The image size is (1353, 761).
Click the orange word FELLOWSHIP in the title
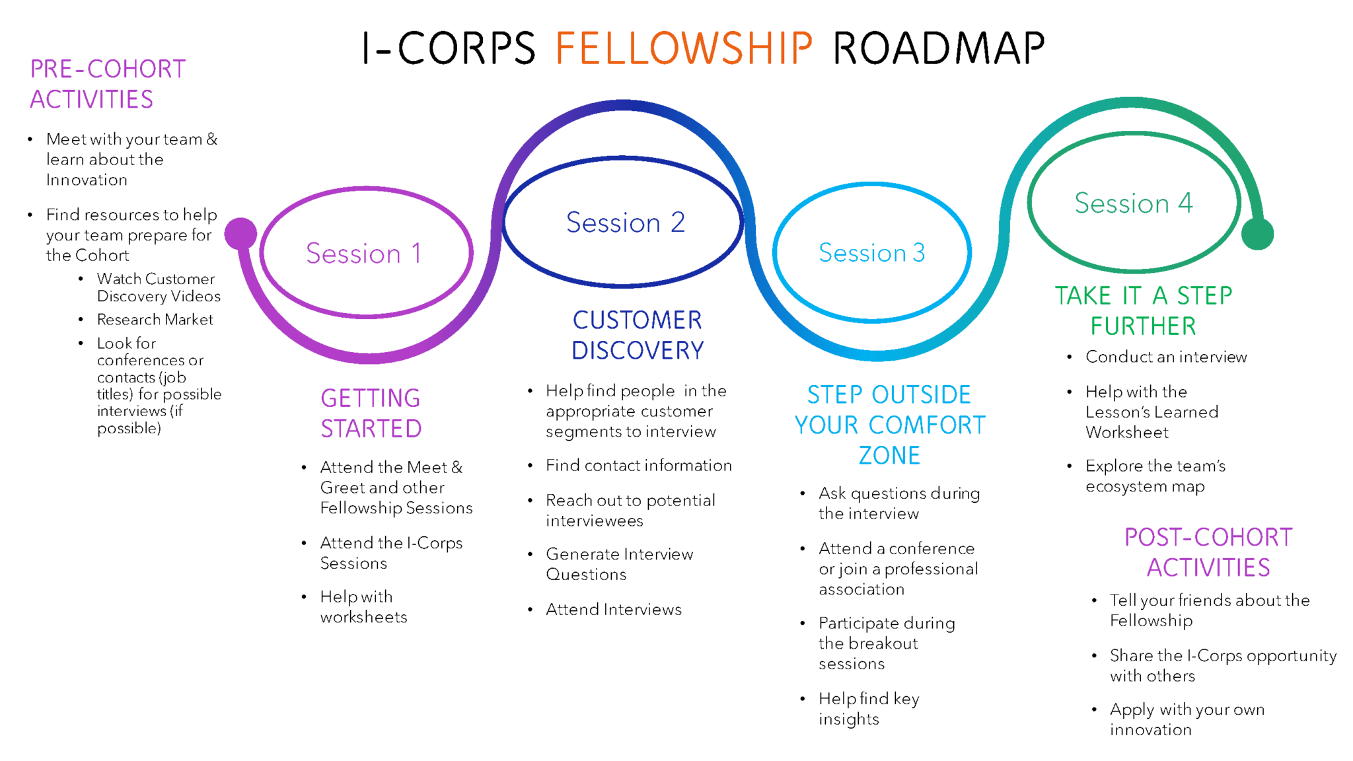click(683, 48)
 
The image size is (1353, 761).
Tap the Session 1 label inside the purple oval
click(364, 254)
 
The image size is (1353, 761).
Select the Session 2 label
click(625, 223)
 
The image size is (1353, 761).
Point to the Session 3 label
click(871, 253)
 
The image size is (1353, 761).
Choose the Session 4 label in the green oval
click(1133, 203)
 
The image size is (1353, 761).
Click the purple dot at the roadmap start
click(240, 233)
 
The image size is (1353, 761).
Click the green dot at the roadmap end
click(1257, 234)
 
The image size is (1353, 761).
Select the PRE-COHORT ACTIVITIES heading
click(108, 84)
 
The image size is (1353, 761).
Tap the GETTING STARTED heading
click(371, 414)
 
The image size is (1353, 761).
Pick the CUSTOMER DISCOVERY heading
click(638, 335)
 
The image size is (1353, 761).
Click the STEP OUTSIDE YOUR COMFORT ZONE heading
click(889, 425)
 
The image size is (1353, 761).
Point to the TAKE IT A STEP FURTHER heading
click(1144, 310)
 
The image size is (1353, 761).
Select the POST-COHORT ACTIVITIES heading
click(1208, 552)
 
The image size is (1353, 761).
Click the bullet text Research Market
click(155, 320)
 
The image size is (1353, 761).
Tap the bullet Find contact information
click(638, 466)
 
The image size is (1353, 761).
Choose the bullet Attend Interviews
click(613, 610)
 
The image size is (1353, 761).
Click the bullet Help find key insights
click(868, 709)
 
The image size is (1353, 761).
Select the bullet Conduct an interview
click(1166, 357)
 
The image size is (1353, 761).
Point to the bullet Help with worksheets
click(363, 607)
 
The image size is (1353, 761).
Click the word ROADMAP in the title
click(938, 48)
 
